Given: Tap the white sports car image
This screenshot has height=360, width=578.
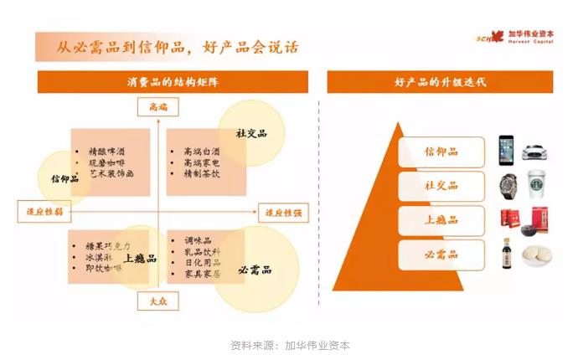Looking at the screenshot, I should click(535, 152).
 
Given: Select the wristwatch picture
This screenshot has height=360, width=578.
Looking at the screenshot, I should click(507, 185).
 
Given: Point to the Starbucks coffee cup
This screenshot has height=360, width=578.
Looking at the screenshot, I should click(535, 185).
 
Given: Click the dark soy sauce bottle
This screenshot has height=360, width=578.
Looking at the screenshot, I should click(507, 254).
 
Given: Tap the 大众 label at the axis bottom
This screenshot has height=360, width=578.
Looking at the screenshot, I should click(157, 301).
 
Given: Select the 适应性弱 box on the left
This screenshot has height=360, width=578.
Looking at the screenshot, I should click(39, 212).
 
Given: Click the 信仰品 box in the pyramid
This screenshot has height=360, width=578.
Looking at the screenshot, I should click(441, 152).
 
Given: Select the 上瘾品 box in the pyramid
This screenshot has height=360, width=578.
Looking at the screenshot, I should click(441, 220).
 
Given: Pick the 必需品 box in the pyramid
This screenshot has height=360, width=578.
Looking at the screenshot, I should click(441, 254).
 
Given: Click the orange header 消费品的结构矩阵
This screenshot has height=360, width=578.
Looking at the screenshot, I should click(173, 82).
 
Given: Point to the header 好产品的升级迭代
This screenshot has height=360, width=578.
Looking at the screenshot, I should click(441, 82).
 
